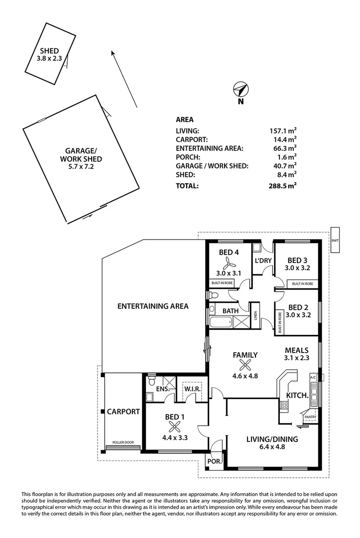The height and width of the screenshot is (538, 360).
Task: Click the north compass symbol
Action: (240, 90)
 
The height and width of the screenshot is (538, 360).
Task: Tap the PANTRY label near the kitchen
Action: (310, 416)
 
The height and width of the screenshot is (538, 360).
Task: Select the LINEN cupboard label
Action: (254, 316)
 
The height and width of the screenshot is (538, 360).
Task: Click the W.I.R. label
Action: (189, 389)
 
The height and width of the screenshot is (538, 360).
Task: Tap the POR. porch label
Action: (214, 461)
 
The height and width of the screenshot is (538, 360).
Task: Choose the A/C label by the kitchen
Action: (313, 377)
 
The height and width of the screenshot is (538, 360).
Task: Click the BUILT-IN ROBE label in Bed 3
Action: (302, 283)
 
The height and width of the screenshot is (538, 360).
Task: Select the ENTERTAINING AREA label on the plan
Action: (153, 306)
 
